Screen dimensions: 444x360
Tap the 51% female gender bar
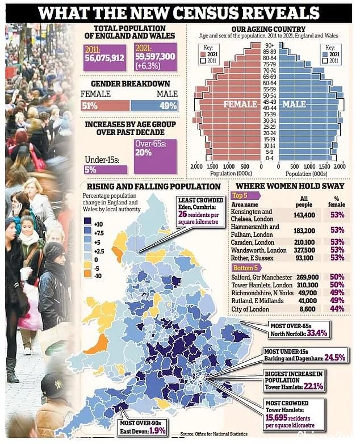coord(106,106)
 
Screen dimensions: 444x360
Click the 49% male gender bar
coord(154,106)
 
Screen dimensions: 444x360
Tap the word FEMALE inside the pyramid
coord(240,104)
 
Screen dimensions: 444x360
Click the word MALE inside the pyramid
coord(294,104)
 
